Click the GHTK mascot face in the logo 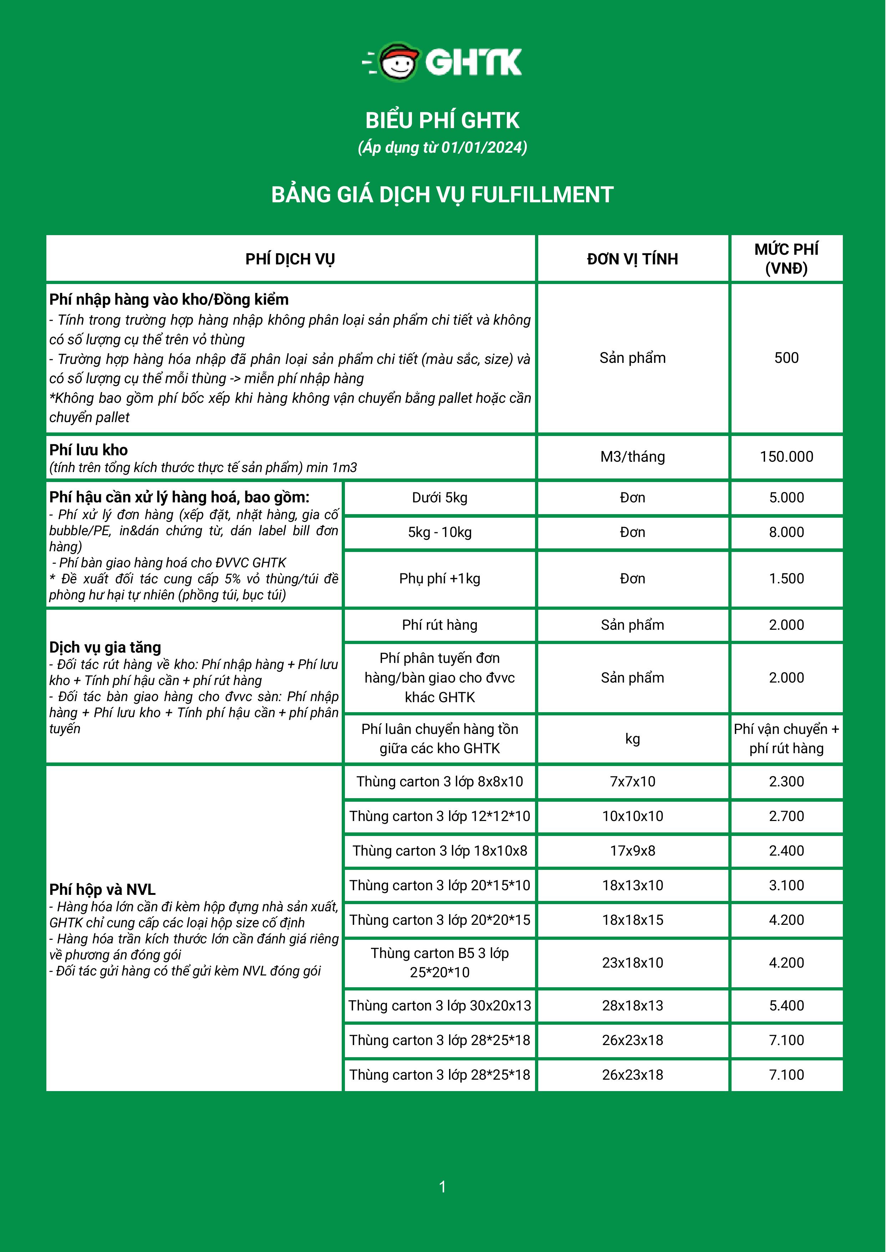pyautogui.click(x=399, y=63)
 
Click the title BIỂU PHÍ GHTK pyautogui.click(x=442, y=121)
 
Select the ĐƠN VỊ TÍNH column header pyautogui.click(x=632, y=259)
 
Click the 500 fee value pyautogui.click(x=786, y=358)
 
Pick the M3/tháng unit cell pyautogui.click(x=632, y=457)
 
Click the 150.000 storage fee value pyautogui.click(x=786, y=457)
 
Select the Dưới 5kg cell pyautogui.click(x=440, y=498)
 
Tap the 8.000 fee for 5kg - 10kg pyautogui.click(x=786, y=532)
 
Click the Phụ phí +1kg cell pyautogui.click(x=440, y=578)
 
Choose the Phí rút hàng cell pyautogui.click(x=440, y=625)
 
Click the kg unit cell pyautogui.click(x=632, y=739)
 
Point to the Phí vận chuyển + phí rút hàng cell pyautogui.click(x=786, y=739)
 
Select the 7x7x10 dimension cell pyautogui.click(x=632, y=781)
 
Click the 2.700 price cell pyautogui.click(x=786, y=816)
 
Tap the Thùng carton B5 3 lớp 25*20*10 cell pyautogui.click(x=440, y=963)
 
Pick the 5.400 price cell pyautogui.click(x=786, y=1005)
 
